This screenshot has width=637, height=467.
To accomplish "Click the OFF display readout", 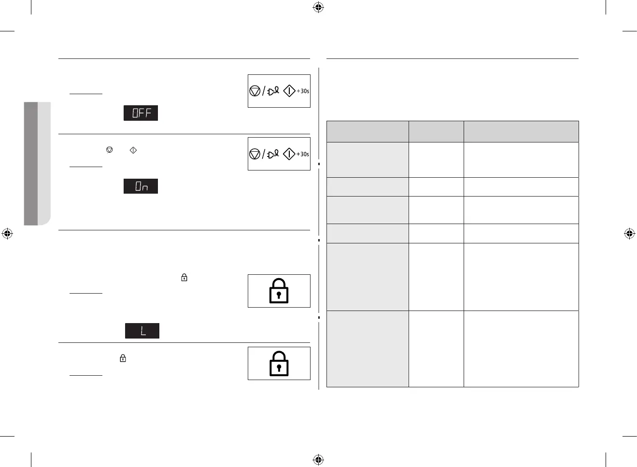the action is coord(141,113).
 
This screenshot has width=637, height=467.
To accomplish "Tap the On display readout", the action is coord(141,186).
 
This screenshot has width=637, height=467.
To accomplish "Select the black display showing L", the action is coord(142,331).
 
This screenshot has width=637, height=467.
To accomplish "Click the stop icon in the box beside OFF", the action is coord(255,91).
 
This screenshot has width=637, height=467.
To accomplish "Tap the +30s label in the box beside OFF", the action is coord(303,91).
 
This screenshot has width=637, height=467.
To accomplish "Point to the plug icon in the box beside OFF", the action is coord(273,91).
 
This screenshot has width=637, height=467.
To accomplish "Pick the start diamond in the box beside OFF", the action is coord(289,91).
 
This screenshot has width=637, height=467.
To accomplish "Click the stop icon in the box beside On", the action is coord(255,154).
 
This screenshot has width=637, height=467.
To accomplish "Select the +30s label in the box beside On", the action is coord(303,154).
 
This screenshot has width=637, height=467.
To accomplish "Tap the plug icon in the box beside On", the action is coord(273,154).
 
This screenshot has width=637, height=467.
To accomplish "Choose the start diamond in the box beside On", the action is coord(289,154).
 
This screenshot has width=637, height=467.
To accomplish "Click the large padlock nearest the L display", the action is coord(279,291).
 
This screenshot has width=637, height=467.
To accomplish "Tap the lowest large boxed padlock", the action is coord(279,364).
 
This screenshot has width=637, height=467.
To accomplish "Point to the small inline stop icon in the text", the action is coord(110,150).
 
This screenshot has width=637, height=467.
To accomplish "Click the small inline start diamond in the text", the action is coord(133,150).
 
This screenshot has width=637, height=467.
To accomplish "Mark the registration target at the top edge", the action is coord(318,7).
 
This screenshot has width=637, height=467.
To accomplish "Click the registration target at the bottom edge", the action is coord(318,459).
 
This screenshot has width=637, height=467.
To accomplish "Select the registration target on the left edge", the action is coord(7,234).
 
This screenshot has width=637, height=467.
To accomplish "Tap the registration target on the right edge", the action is coord(629,234).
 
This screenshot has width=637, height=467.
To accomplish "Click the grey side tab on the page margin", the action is coord(37,163).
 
